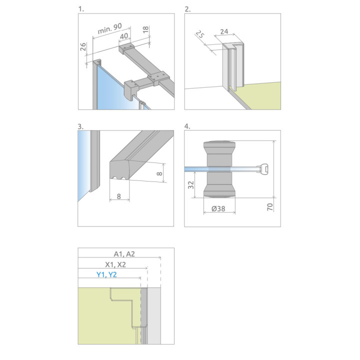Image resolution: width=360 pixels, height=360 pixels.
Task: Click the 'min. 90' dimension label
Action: [x=109, y=28]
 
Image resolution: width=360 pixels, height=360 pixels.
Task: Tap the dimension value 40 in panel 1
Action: [x=124, y=36]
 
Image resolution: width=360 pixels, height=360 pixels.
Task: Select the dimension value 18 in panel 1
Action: [x=145, y=29]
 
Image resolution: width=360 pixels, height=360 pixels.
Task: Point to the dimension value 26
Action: [x=83, y=46]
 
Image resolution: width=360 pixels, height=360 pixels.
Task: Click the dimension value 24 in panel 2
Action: [x=224, y=31]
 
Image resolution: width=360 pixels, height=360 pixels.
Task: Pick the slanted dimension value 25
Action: [x=199, y=34]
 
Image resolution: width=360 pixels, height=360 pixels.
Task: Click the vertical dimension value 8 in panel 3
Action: [x=159, y=173]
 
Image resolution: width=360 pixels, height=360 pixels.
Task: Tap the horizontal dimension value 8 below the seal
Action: [x=118, y=196]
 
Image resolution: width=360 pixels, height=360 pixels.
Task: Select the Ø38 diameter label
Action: [x=218, y=208]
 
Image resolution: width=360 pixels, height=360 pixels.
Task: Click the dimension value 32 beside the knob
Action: [x=191, y=184]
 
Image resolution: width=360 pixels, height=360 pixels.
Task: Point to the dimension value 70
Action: [x=270, y=207]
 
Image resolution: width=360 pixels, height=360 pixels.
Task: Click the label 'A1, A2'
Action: [x=124, y=254]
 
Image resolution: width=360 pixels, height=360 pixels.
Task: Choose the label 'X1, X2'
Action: [x=115, y=264]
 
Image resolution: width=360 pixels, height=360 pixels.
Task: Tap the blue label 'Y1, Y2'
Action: [x=106, y=274]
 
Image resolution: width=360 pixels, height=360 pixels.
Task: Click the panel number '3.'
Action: [x=80, y=126]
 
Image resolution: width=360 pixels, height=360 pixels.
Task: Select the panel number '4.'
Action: [x=187, y=126]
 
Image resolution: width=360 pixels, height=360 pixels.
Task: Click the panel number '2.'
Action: [x=187, y=9]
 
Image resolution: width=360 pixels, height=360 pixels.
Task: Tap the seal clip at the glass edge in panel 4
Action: [x=264, y=169]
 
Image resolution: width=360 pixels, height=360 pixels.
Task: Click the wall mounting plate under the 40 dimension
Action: [x=126, y=48]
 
